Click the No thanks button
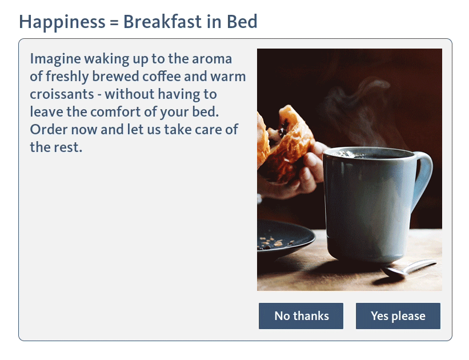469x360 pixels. pos(301,316)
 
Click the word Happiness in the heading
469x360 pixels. pos(62,22)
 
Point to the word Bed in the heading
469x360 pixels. pos(242,22)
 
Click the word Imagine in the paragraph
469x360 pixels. pos(55,59)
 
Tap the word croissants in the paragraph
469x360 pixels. pos(62,94)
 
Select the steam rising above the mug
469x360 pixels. pos(359,114)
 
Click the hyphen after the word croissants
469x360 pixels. pos(99,96)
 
